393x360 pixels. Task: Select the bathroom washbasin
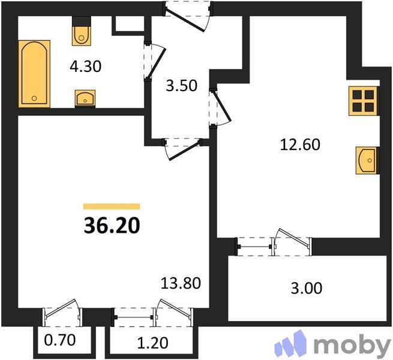point(85,97)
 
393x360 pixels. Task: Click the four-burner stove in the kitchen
point(364,100)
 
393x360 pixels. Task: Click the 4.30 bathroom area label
point(86,66)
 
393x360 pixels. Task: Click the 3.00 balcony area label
point(306,288)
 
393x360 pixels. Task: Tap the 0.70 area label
point(60,343)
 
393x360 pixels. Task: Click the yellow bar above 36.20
point(111,206)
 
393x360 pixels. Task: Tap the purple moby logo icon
point(292,345)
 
